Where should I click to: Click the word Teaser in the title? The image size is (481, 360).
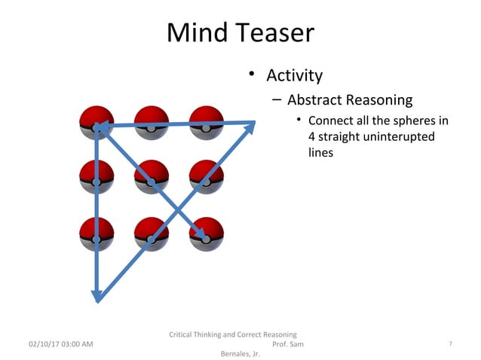tap(272, 33)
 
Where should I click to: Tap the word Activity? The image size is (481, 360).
tap(294, 75)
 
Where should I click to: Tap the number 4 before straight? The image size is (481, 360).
tap(312, 136)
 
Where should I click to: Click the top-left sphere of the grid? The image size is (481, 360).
tap(97, 123)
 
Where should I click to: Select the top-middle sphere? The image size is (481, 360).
tap(152, 123)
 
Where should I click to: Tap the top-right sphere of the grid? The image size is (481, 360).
tap(206, 123)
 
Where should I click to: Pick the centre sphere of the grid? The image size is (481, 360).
tap(152, 178)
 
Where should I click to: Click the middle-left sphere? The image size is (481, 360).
tap(97, 178)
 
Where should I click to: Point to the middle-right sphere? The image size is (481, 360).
tap(206, 178)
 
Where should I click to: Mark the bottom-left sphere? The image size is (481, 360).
tap(97, 233)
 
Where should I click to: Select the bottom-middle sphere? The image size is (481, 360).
tap(152, 233)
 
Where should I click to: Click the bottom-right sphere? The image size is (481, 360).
tap(206, 233)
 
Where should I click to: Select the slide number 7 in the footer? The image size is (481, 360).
tap(450, 344)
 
